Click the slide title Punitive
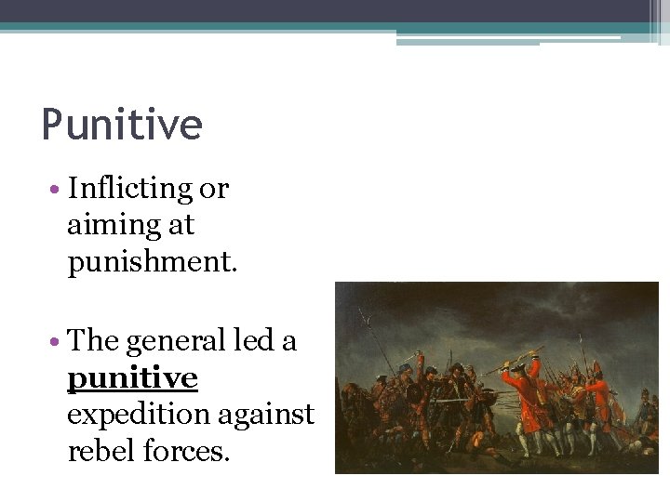point(122,125)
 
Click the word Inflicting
point(129,189)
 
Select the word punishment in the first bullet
point(153,263)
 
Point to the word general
point(175,341)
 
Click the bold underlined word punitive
point(132,378)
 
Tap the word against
point(270,416)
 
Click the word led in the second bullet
point(255,341)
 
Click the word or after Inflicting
point(214,189)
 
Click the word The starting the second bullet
point(94,341)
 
